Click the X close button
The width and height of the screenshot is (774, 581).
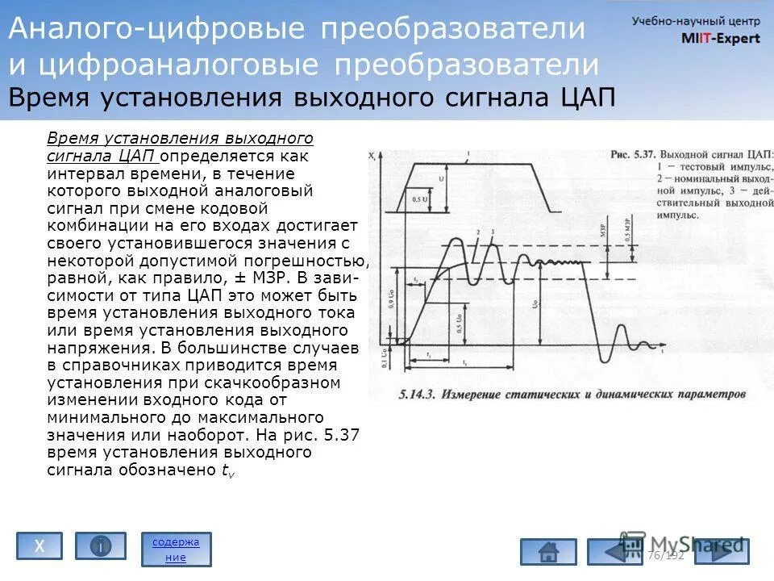click(39, 546)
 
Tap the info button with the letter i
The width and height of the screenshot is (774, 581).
click(101, 546)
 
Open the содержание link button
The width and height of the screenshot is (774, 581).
click(176, 549)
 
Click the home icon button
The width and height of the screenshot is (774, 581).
click(548, 552)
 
